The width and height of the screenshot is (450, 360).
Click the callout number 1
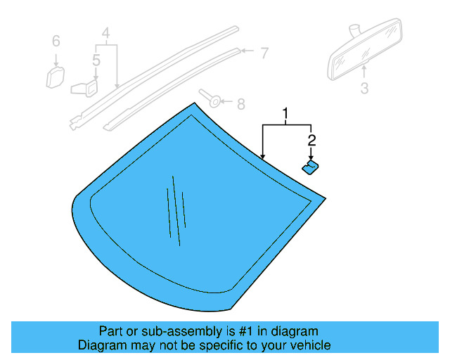coord(286,113)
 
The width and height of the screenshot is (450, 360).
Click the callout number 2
coord(311,140)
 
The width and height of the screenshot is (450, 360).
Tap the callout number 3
coord(364,89)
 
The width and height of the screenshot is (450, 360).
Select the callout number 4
coord(105,33)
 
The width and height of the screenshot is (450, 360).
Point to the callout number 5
coord(96,60)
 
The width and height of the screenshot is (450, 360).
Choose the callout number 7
coord(264,52)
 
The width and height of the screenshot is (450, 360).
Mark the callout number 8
coord(240,104)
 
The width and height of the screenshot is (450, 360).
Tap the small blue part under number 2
coord(310,166)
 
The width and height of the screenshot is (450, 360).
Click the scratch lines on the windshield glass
coord(176,211)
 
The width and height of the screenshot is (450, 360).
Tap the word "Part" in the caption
coord(110,331)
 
